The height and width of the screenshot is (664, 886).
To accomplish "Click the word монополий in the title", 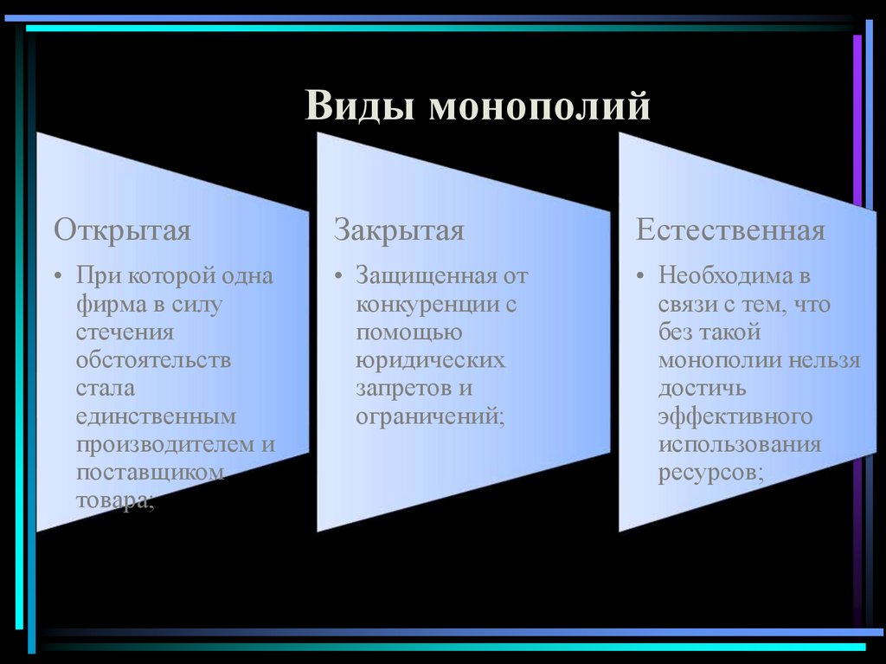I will click(x=539, y=107).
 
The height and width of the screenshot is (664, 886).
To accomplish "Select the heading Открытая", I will click(x=122, y=230).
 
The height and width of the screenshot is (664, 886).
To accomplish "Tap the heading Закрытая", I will click(x=399, y=230).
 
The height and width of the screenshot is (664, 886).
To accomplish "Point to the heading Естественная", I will click(x=730, y=230).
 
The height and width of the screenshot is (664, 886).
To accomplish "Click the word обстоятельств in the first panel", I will click(x=153, y=361).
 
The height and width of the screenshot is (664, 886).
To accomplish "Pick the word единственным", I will click(x=156, y=416).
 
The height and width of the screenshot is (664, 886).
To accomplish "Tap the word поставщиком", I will click(x=151, y=473).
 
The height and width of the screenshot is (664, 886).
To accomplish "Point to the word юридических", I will click(x=430, y=361).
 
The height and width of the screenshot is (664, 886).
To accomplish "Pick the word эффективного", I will click(x=735, y=416).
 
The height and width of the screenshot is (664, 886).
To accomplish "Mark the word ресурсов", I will click(x=708, y=473).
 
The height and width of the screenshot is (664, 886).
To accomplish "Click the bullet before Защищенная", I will click(x=339, y=277).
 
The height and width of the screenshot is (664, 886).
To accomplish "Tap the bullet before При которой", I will click(x=58, y=277).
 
